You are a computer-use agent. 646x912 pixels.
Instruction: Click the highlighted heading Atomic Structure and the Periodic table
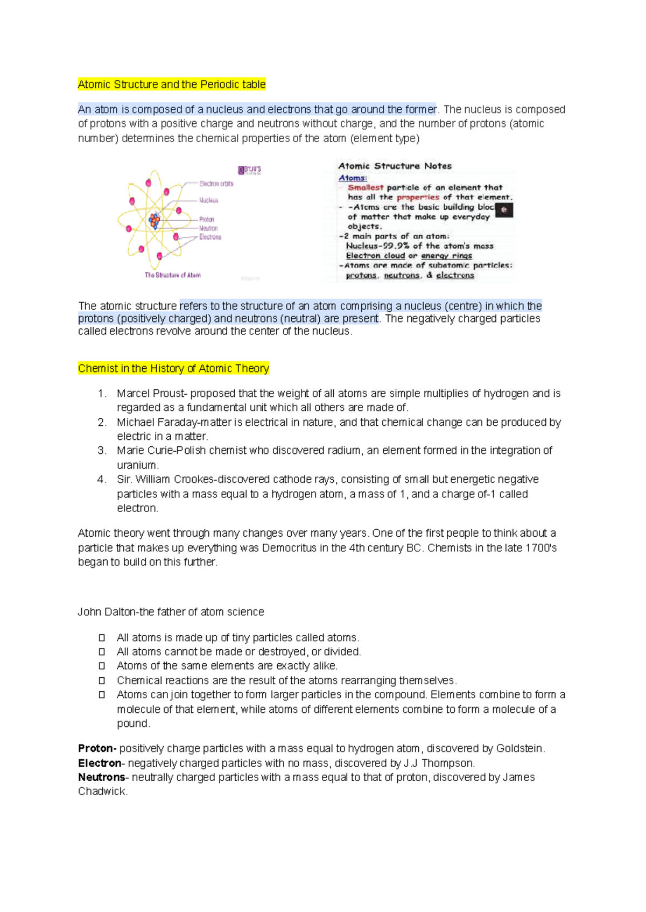[172, 85]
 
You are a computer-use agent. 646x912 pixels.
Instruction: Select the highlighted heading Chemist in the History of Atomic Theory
[173, 368]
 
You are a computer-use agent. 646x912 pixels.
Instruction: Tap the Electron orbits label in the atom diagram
[216, 184]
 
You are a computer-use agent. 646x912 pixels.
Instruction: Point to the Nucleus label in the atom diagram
[209, 200]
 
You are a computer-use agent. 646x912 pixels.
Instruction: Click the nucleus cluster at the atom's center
[155, 220]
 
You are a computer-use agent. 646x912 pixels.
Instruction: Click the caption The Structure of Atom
[172, 275]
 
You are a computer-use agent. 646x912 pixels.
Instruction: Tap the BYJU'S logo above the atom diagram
[250, 170]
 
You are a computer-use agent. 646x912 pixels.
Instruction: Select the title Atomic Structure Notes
[395, 166]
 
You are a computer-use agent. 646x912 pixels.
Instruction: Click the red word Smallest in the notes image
[366, 187]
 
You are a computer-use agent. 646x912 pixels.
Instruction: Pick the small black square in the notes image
[504, 210]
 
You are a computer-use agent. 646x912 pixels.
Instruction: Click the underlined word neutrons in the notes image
[401, 275]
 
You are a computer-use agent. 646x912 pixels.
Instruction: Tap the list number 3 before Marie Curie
[102, 451]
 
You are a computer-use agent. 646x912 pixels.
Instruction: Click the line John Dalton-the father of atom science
[171, 612]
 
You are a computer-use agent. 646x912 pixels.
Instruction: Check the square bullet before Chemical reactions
[102, 681]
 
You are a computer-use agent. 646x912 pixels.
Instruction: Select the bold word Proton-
[97, 748]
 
